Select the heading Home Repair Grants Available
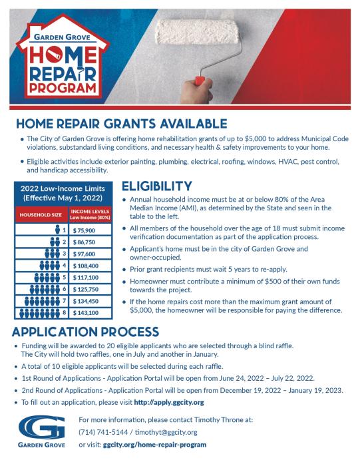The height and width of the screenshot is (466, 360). point(121,124)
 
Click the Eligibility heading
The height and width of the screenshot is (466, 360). point(157,186)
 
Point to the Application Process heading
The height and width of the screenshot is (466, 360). point(86,332)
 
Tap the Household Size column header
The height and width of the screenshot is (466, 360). point(40,216)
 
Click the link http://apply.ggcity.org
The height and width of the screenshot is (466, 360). point(168,403)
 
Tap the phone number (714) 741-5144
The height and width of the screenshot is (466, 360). point(102,432)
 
